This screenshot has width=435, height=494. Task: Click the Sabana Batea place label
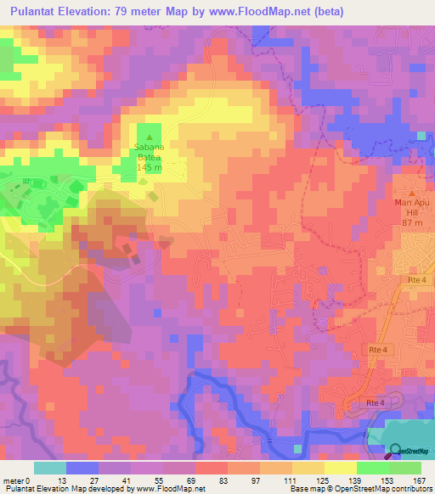(150, 152)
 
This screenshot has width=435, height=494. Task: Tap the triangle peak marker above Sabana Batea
(150, 138)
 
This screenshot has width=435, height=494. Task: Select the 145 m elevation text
(150, 167)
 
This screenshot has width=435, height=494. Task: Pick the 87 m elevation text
(413, 222)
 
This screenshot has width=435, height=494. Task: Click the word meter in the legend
(13, 480)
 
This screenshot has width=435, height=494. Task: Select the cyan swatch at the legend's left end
(50, 468)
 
